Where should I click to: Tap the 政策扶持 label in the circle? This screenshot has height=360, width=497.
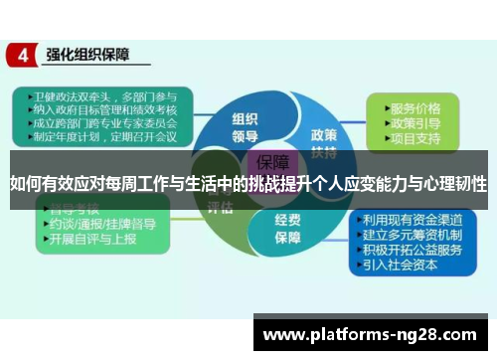tap(323, 142)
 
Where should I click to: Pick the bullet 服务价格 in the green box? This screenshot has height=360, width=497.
tap(416, 107)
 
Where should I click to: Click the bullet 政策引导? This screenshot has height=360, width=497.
tap(416, 122)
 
